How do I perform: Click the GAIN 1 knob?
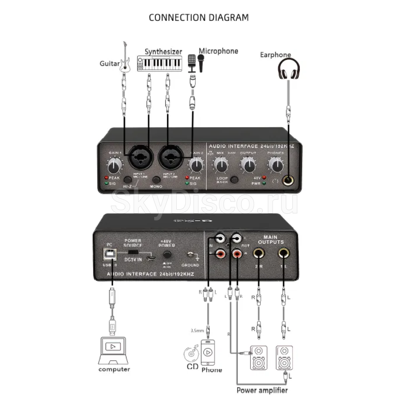(115, 166)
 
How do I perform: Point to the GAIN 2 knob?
(196, 165)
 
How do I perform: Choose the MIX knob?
(221, 165)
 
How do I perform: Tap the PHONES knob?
(276, 165)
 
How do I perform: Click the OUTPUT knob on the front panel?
(248, 165)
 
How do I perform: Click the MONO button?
(156, 180)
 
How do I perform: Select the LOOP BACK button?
(234, 180)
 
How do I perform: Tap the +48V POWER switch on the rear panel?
(166, 254)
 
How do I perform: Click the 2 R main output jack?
(259, 254)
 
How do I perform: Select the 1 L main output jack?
(284, 254)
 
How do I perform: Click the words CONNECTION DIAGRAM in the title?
(199, 18)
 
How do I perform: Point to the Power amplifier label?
(262, 390)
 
